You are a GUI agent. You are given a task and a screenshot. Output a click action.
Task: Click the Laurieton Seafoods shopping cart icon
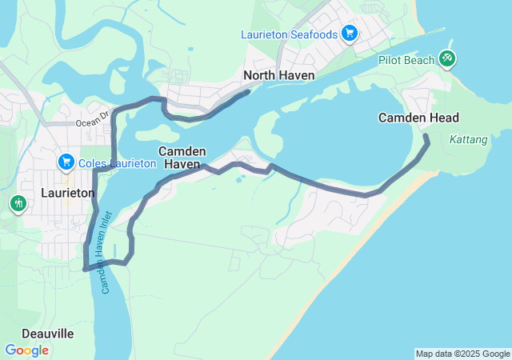coord(350,34)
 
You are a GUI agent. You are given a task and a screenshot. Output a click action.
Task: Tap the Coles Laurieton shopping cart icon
coord(66,162)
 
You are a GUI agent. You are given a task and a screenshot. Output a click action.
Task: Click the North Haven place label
coord(279,75)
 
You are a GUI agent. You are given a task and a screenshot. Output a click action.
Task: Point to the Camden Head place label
coord(418,118)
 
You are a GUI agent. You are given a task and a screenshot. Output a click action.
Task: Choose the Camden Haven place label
coord(182,157)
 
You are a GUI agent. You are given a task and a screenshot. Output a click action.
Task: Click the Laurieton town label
coord(68,193)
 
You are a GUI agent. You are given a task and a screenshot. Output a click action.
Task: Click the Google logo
coord(26,350)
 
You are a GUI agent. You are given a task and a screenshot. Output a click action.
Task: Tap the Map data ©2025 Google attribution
coord(462,354)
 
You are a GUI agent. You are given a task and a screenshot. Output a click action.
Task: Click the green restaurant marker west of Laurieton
coord(18,204)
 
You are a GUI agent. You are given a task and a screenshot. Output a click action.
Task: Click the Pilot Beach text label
coord(407,59)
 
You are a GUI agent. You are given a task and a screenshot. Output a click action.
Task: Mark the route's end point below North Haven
coord(247,92)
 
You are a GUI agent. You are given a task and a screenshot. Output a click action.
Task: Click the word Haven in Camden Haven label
coord(182,164)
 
